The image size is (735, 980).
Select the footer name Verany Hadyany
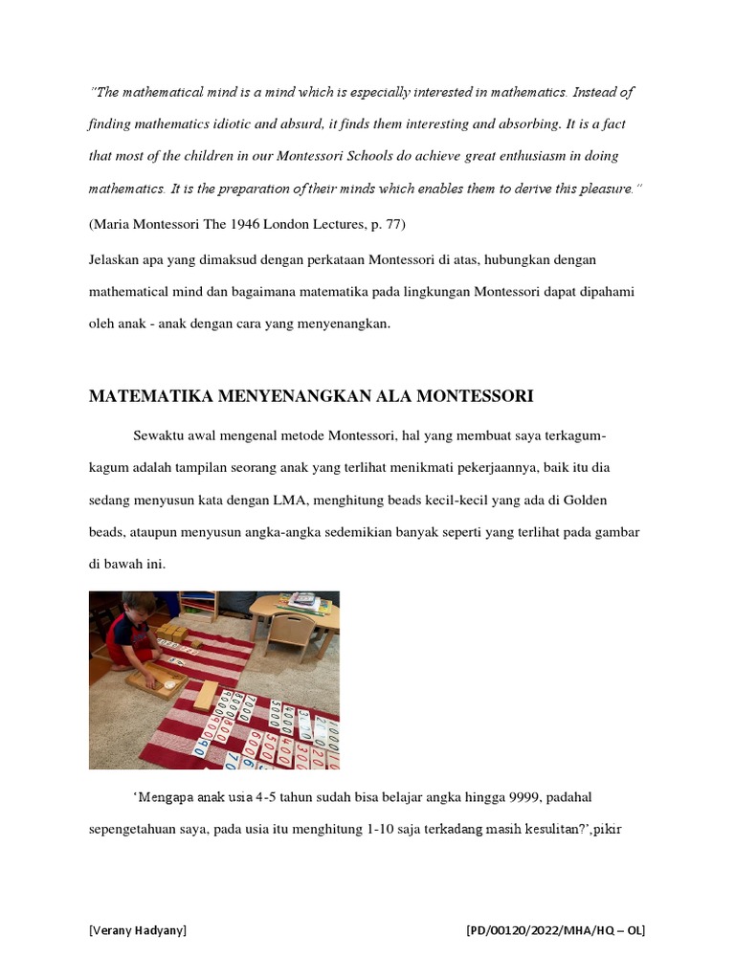138,929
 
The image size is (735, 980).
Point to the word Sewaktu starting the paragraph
162,436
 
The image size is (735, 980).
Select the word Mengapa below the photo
166,796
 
